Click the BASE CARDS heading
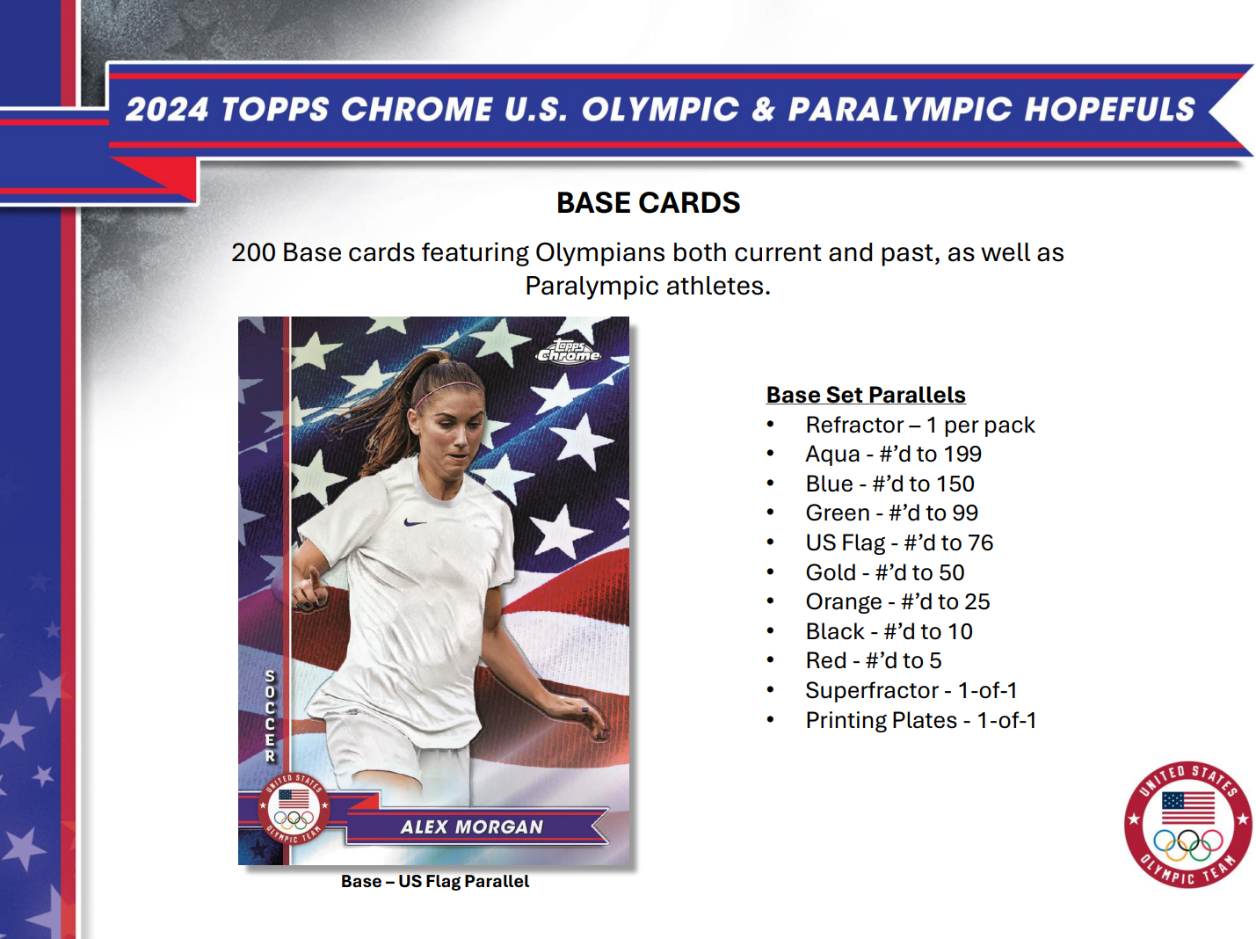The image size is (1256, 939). (x=648, y=203)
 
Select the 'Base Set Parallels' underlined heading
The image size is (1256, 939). (x=866, y=395)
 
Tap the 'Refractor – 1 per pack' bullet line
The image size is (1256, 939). (x=919, y=425)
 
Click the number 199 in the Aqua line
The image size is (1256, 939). (x=962, y=455)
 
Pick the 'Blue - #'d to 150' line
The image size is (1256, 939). (x=889, y=484)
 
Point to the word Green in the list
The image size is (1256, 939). (x=837, y=513)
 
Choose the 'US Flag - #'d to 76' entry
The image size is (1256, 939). (x=899, y=542)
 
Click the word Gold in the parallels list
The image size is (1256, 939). (x=831, y=572)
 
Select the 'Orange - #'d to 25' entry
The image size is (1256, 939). (x=897, y=601)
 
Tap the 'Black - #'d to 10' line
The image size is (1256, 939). (x=889, y=631)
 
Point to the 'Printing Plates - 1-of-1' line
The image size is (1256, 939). (x=920, y=720)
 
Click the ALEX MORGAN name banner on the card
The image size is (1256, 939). (x=473, y=826)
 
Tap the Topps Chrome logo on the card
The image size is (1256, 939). (x=569, y=352)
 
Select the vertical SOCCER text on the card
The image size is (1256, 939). (x=270, y=716)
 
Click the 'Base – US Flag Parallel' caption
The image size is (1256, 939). (x=435, y=881)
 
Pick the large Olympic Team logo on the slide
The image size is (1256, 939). (x=1187, y=825)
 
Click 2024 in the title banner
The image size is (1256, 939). (x=167, y=110)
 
